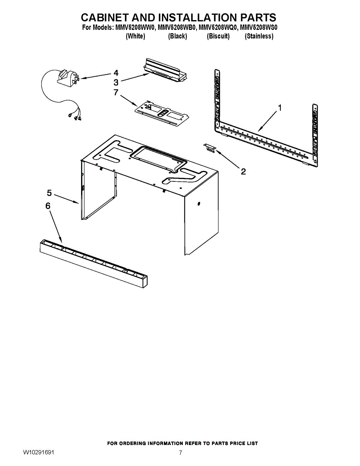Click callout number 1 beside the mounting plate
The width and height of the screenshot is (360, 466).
point(280,108)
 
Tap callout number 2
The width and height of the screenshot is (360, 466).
point(243,171)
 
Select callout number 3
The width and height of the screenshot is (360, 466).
point(116,82)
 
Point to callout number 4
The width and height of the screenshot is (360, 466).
point(116,73)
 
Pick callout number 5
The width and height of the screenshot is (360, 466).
point(49,193)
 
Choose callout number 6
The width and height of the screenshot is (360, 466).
point(48,206)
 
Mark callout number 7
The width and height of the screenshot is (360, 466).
point(115,92)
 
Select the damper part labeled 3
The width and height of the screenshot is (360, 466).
point(165,70)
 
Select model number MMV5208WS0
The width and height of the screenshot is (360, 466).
point(258,28)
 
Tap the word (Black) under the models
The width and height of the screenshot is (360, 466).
point(177,36)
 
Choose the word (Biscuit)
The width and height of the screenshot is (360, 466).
point(218,36)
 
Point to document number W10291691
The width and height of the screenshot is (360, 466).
point(38,452)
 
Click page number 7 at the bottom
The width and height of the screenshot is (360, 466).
point(180,452)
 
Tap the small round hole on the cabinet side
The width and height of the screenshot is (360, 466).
point(199,204)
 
